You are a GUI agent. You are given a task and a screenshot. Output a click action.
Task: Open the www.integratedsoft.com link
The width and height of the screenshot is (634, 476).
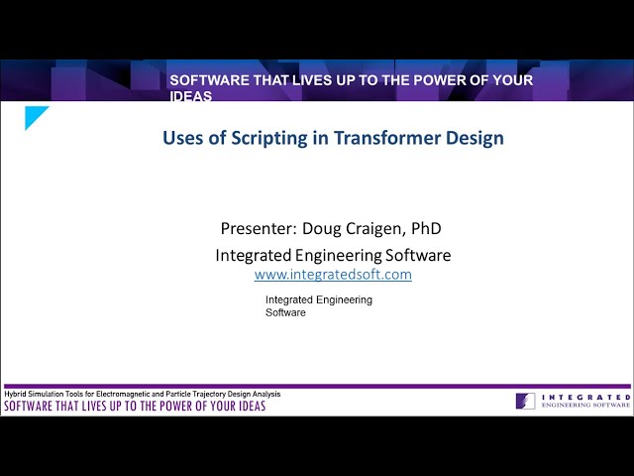tap(333, 275)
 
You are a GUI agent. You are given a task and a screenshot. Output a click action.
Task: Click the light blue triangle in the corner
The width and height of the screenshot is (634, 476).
tap(34, 115)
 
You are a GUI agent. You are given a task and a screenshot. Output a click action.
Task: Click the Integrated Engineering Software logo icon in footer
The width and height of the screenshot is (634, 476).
tap(525, 401)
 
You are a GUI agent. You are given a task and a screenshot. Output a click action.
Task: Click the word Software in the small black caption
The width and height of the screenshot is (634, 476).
tap(285, 312)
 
